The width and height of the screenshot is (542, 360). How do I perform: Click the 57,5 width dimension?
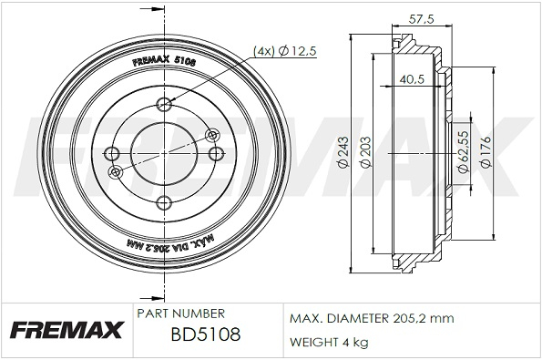click(x=421, y=19)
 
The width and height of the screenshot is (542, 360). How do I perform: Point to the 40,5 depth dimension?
click(x=412, y=79)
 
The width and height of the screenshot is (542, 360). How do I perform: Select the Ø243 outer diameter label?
click(x=344, y=152)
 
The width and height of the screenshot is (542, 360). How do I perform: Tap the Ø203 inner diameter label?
click(x=365, y=152)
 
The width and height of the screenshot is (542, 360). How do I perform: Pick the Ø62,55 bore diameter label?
click(x=463, y=151)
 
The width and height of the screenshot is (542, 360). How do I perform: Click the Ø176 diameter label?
click(x=486, y=152)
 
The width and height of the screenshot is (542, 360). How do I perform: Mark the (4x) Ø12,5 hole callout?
click(x=285, y=51)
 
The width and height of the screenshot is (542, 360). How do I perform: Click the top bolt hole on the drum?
click(x=164, y=103)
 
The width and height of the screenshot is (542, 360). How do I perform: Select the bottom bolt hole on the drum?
click(x=164, y=202)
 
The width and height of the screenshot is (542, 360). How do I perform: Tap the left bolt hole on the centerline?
click(x=111, y=153)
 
